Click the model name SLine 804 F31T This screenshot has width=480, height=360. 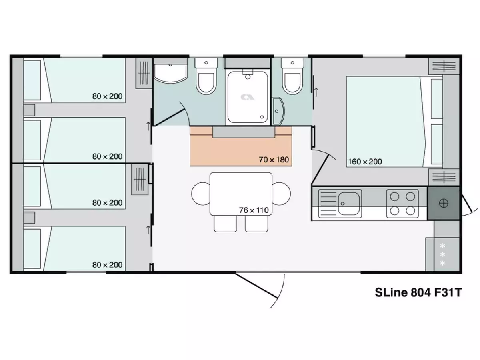click(418, 292)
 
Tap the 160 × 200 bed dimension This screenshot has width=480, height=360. click(365, 162)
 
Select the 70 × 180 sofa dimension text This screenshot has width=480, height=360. click(274, 160)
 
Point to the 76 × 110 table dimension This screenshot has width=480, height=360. click(254, 210)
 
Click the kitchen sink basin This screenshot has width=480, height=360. click(348, 204)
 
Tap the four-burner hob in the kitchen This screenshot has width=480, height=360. click(402, 204)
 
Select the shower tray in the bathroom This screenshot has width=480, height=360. click(248, 98)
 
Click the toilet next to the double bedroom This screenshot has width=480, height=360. click(292, 76)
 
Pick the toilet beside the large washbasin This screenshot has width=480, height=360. click(206, 76)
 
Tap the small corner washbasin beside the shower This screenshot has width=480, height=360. click(278, 111)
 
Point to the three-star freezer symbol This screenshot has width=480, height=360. click(442, 255)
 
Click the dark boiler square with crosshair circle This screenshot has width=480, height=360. click(443, 203)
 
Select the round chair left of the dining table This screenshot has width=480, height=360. click(200, 194)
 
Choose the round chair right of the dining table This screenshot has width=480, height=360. click(282, 194)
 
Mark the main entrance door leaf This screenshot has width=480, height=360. click(256, 286)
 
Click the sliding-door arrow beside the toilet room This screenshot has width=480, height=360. click(316, 92)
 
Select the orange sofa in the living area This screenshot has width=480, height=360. click(241, 146)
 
